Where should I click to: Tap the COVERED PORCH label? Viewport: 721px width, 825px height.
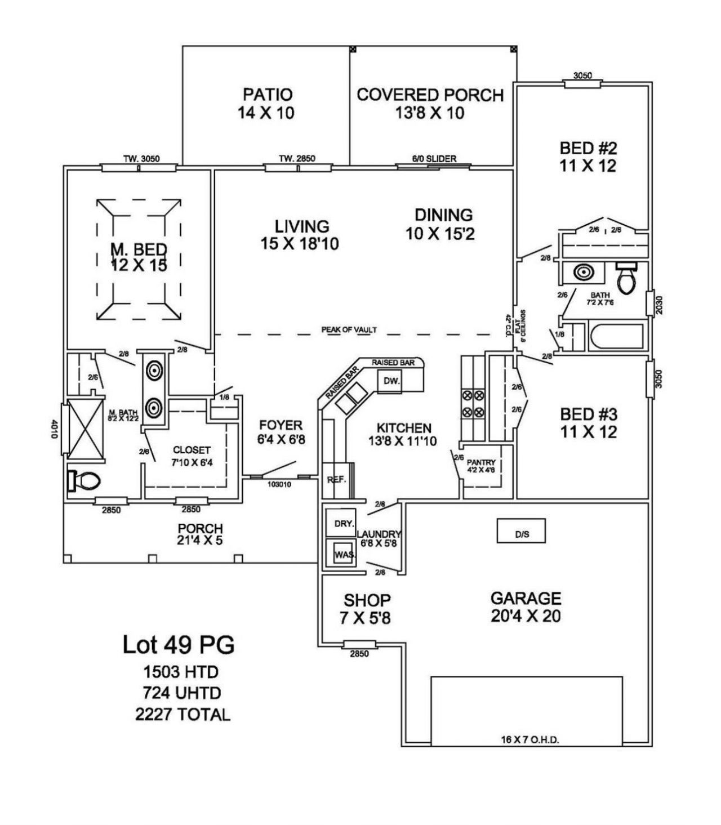click(x=430, y=95)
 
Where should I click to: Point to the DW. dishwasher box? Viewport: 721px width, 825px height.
click(x=391, y=381)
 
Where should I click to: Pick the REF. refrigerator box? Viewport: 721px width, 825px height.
click(x=336, y=480)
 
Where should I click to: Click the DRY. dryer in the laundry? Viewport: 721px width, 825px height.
click(x=343, y=523)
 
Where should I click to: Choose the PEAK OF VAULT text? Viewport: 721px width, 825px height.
click(x=349, y=329)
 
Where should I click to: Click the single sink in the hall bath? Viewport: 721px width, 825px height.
click(x=583, y=273)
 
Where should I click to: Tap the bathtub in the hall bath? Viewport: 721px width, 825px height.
click(x=616, y=337)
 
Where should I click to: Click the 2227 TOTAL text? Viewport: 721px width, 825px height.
click(x=183, y=715)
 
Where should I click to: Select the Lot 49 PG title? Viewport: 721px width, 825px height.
click(x=179, y=645)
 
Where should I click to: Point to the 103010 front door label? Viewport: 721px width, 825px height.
click(x=279, y=484)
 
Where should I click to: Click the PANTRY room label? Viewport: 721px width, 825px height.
click(x=481, y=462)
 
